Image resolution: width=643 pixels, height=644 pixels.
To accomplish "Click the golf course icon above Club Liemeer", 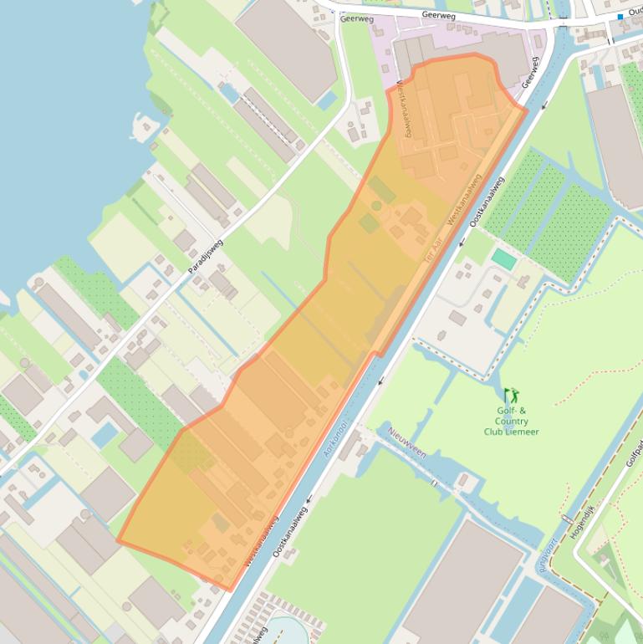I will pos(511,394).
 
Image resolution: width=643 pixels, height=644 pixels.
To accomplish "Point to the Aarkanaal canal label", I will pos(338,439).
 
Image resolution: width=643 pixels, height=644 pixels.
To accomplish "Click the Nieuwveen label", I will pos(407,442).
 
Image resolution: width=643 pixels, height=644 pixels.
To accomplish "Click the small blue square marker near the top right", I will pos(620,16).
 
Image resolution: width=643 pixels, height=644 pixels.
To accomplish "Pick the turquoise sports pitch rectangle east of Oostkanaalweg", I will pos(504,258).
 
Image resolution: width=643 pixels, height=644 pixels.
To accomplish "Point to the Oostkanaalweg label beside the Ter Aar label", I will pos(487,202).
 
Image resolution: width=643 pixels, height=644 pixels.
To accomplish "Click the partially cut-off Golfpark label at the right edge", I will pos(634,456).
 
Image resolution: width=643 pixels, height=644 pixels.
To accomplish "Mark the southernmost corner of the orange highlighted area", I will pos(230,590).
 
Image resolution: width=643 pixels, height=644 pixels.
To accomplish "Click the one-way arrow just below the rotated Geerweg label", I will pos(544,105).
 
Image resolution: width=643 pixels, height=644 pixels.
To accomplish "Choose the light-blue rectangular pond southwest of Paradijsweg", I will pos(105,434).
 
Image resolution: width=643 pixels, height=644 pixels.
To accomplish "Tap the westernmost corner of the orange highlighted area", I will pos(118,540).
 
